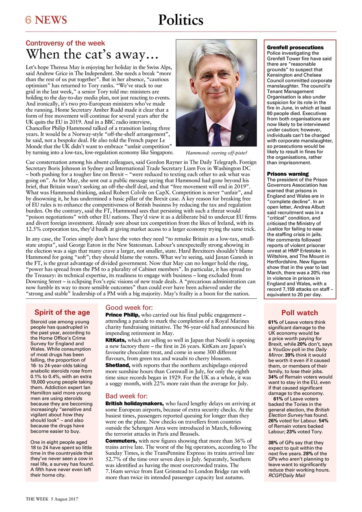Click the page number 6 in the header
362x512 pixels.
pos(29,20)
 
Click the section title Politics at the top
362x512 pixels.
pos(181,20)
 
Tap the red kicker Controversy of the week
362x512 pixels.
pos(65,43)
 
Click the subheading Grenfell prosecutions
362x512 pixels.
pos(295,48)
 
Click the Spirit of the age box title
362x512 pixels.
pos(62,312)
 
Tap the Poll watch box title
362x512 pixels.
pos(300,313)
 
